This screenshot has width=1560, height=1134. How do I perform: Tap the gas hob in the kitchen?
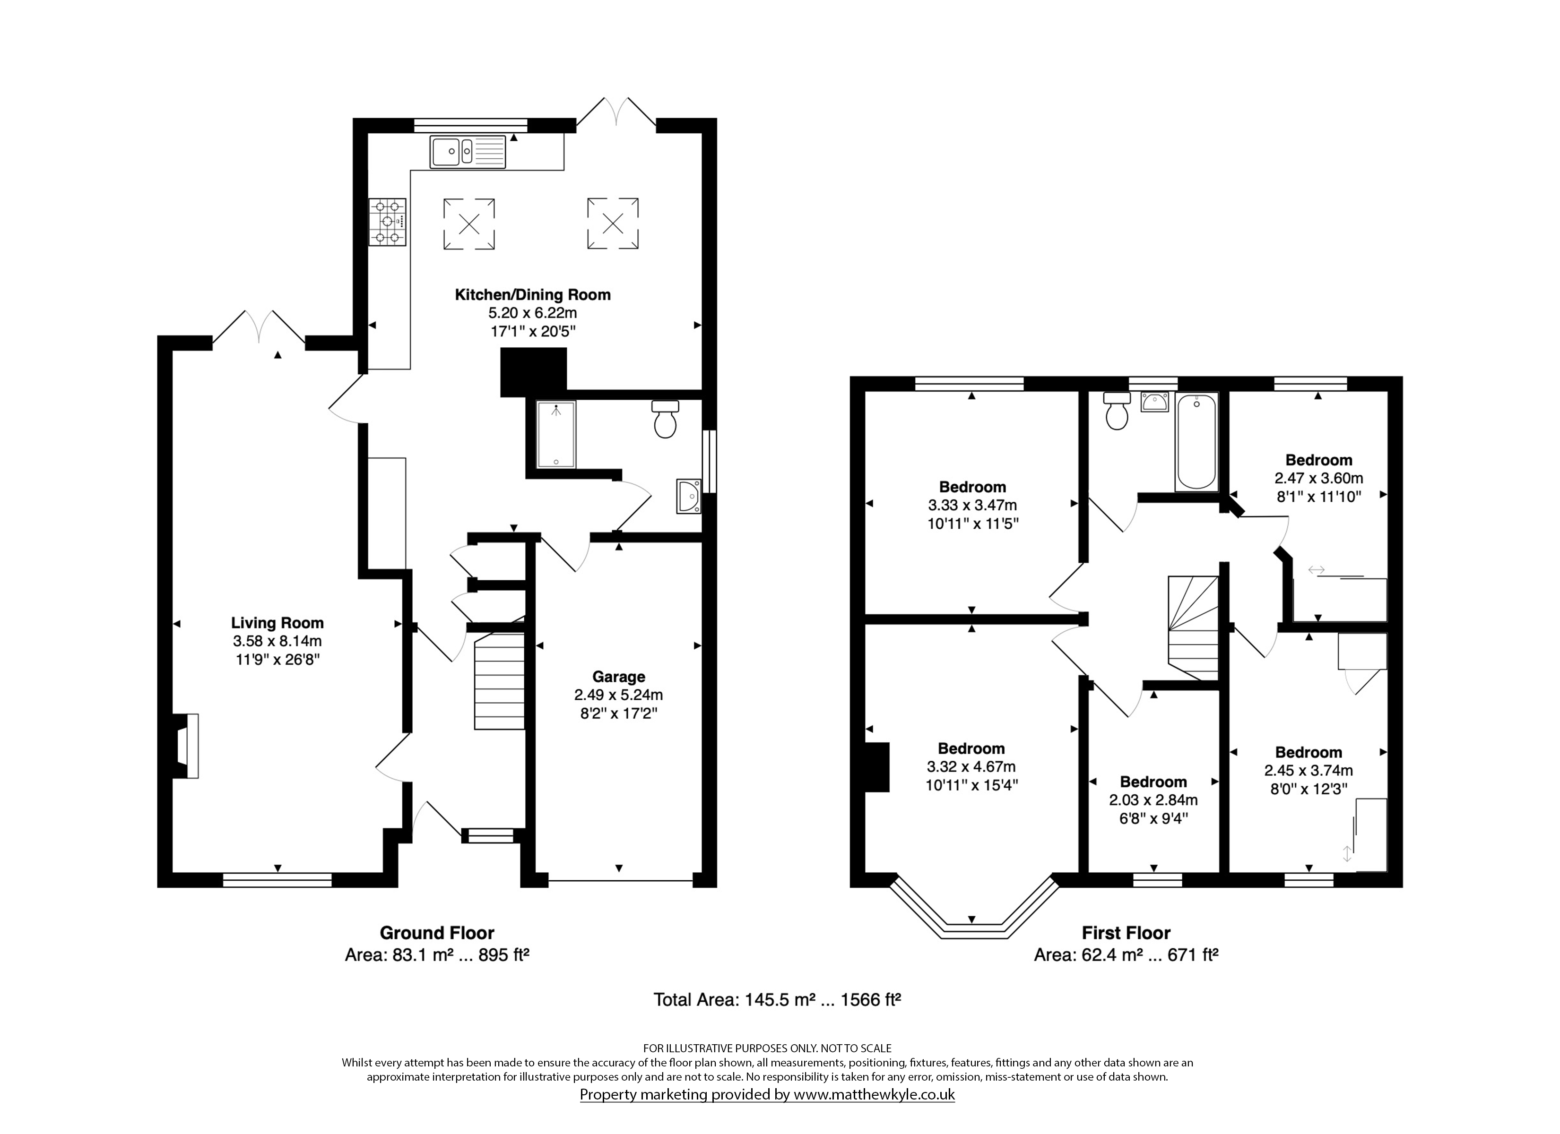point(387,222)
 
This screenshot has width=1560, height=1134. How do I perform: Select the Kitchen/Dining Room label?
point(532,295)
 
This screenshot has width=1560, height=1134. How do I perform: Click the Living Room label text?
point(277,623)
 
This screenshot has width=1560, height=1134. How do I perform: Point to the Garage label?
point(619,677)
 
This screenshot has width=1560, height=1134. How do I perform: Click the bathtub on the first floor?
point(1197,441)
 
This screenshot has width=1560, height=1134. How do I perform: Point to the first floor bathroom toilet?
point(1117,411)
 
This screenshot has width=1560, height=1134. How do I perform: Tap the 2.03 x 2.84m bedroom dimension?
point(1153,800)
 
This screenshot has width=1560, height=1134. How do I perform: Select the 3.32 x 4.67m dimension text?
point(971,766)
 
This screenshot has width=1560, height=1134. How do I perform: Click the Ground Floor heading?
point(437,933)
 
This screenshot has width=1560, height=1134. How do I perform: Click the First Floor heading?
point(1126,933)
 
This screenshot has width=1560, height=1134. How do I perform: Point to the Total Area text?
point(777,999)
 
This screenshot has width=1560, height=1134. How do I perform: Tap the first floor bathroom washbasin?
point(1154,402)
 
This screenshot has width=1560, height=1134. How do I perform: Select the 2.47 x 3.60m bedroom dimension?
point(1318,478)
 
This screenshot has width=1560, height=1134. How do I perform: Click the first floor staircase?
point(1193,628)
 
